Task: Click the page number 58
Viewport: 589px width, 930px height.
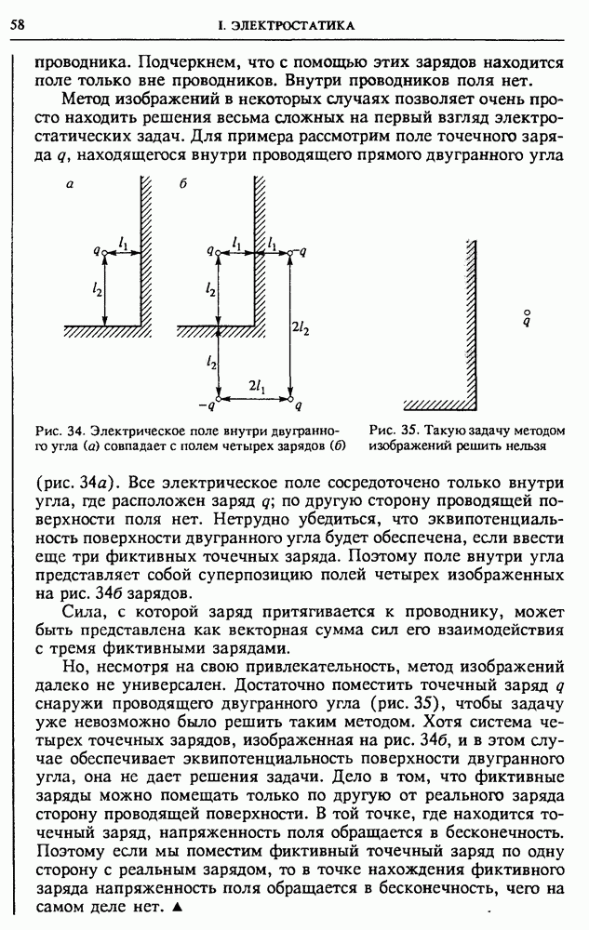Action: click(17, 24)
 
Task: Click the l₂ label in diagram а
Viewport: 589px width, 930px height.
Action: click(98, 289)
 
